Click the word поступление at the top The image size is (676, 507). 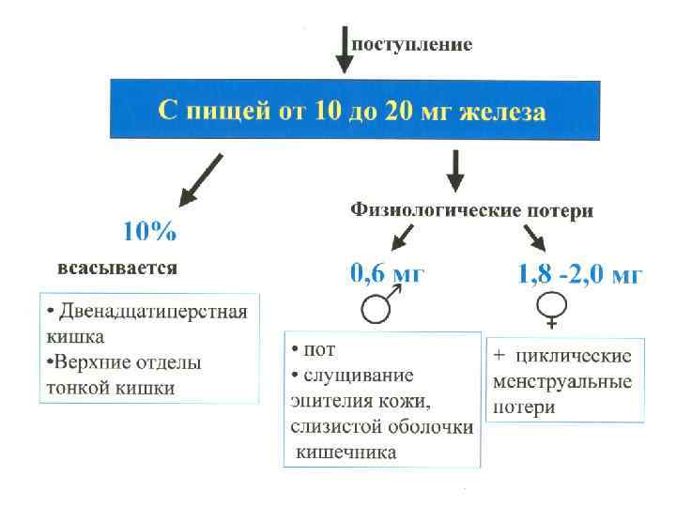tap(411, 44)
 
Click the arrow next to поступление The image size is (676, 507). tap(345, 50)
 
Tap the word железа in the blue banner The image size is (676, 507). tap(501, 113)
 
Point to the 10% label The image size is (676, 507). tap(150, 231)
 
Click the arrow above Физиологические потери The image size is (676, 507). tap(454, 171)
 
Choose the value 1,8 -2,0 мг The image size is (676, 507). tap(580, 275)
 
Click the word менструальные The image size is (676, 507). tap(561, 383)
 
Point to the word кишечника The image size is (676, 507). tap(346, 452)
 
